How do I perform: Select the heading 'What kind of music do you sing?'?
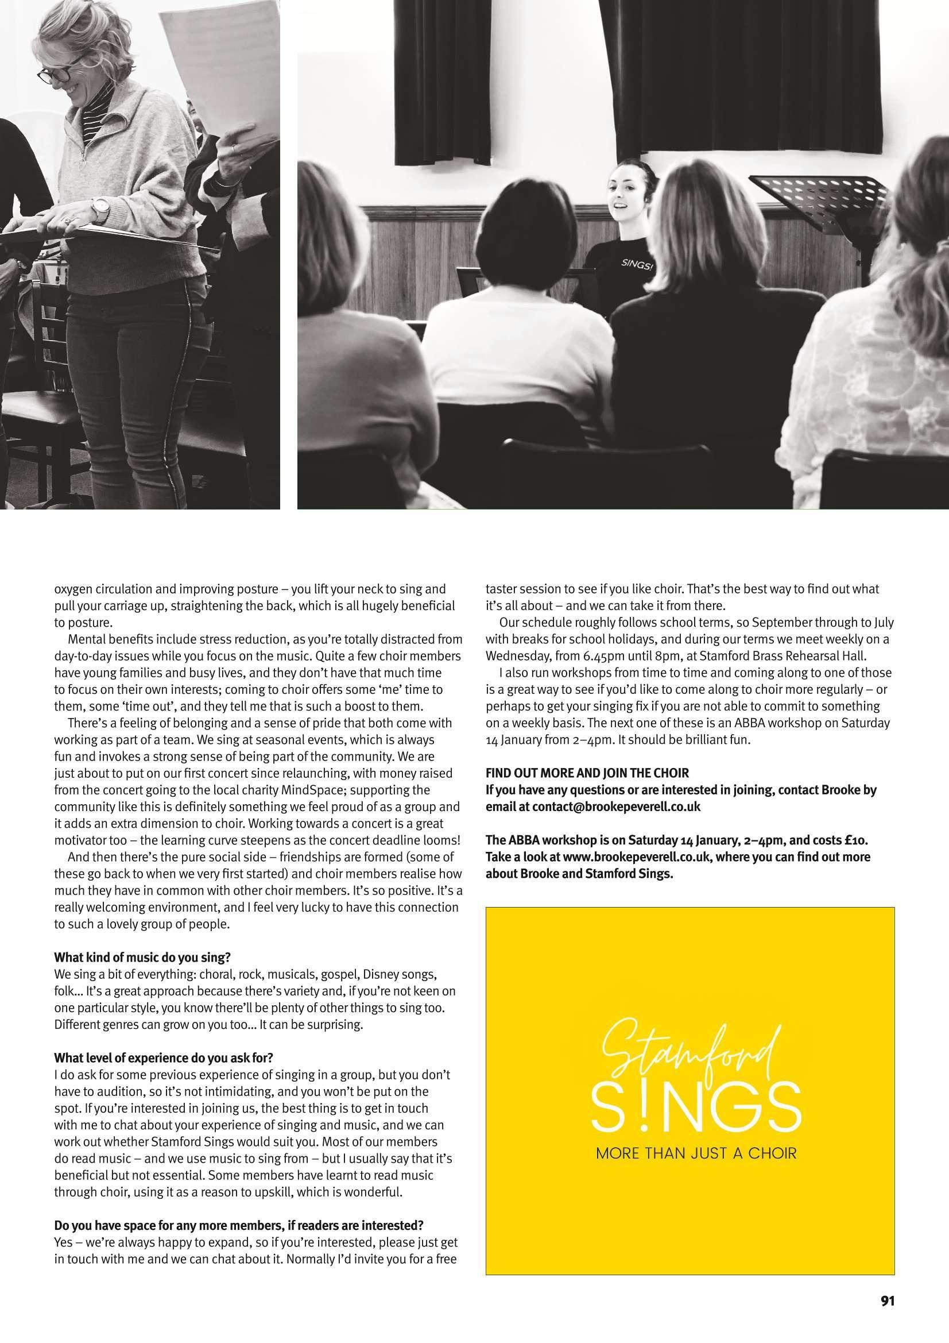tap(143, 958)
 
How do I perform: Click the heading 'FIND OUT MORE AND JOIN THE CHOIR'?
tap(587, 773)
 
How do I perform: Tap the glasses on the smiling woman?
tap(55, 74)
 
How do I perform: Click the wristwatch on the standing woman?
tap(101, 207)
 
